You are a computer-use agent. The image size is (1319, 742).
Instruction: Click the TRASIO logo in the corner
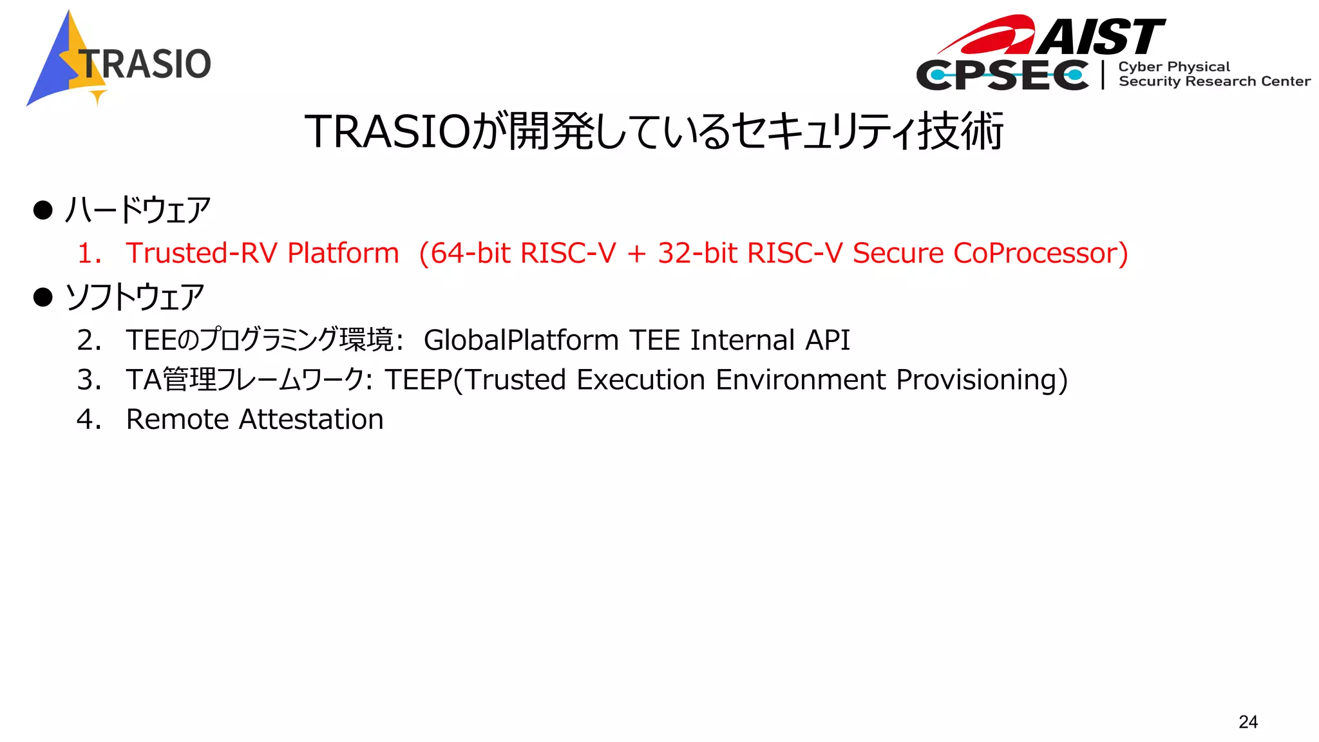pyautogui.click(x=119, y=60)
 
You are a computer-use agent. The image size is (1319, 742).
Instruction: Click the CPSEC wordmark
pyautogui.click(x=1002, y=75)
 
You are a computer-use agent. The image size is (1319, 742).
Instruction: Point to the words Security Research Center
pyautogui.click(x=1214, y=82)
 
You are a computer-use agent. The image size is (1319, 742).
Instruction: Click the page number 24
pyautogui.click(x=1248, y=721)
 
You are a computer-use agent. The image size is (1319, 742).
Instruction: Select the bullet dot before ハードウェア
pyautogui.click(x=43, y=210)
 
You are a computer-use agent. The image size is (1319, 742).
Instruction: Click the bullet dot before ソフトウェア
pyautogui.click(x=43, y=297)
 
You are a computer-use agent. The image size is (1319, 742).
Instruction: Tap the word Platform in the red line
pyautogui.click(x=343, y=253)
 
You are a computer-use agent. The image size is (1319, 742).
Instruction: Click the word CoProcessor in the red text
pyautogui.click(x=1040, y=253)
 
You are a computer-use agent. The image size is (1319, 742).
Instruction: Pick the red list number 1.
pyautogui.click(x=87, y=253)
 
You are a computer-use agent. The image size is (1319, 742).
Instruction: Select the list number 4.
pyautogui.click(x=88, y=419)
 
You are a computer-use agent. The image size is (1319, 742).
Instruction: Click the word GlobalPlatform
pyautogui.click(x=520, y=340)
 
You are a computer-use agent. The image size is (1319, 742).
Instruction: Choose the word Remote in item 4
pyautogui.click(x=177, y=419)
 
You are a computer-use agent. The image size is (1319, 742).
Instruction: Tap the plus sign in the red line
pyautogui.click(x=636, y=254)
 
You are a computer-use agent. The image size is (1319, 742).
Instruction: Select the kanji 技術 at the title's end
pyautogui.click(x=960, y=131)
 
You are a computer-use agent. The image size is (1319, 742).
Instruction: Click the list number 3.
pyautogui.click(x=88, y=380)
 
